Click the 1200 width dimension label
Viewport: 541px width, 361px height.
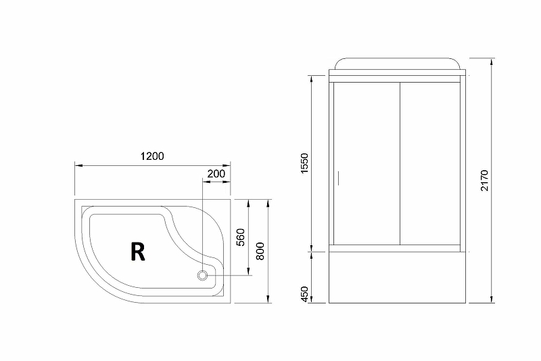(152, 156)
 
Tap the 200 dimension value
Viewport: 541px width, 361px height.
(216, 173)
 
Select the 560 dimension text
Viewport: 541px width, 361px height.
(239, 238)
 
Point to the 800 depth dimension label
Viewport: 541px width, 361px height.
(260, 250)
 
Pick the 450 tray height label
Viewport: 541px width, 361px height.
(304, 294)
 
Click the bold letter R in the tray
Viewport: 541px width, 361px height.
(137, 251)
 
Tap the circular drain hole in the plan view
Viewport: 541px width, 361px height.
(202, 275)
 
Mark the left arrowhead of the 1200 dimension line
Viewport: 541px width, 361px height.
(77, 165)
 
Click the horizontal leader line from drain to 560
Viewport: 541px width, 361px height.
(230, 275)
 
